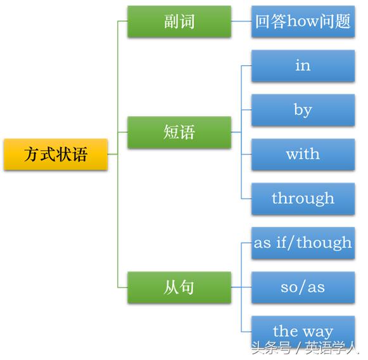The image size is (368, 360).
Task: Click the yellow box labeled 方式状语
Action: [x=56, y=154]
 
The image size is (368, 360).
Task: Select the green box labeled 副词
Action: [x=179, y=22]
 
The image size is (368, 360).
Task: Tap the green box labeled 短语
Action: [x=179, y=132]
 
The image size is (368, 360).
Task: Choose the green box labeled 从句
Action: [x=179, y=287]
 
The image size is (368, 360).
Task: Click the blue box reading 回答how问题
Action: [x=303, y=22]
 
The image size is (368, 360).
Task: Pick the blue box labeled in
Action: [x=303, y=66]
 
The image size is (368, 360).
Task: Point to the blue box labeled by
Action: [x=303, y=110]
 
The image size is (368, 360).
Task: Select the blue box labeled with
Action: [x=303, y=154]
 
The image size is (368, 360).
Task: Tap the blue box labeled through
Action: [x=303, y=198]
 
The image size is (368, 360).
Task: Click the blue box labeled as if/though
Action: [x=303, y=243]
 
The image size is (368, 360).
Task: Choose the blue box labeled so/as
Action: [x=303, y=287]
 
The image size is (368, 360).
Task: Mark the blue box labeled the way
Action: [x=303, y=331]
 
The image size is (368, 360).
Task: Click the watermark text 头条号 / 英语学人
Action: [x=305, y=348]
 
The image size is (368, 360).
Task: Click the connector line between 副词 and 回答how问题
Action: [x=241, y=21]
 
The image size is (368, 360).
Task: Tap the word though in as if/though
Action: [x=324, y=243]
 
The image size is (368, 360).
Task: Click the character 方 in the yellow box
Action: [x=32, y=154]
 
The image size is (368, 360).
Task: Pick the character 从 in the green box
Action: [x=171, y=287]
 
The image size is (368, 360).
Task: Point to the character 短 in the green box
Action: [x=171, y=132]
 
